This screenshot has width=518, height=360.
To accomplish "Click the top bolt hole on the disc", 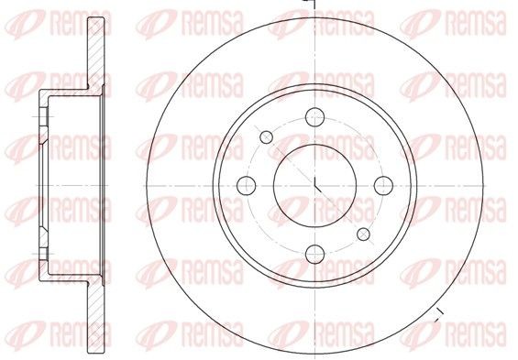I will (314, 115).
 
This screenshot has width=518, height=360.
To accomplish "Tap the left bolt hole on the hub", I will (247, 184).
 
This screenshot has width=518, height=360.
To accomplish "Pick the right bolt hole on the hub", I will (383, 184).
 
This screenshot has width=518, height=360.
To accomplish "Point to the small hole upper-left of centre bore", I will (267, 136).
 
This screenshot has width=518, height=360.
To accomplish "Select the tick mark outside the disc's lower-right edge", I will (437, 317).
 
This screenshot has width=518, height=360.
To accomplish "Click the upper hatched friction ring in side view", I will (94, 55).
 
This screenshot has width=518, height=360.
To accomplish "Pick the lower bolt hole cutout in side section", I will (42, 252).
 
